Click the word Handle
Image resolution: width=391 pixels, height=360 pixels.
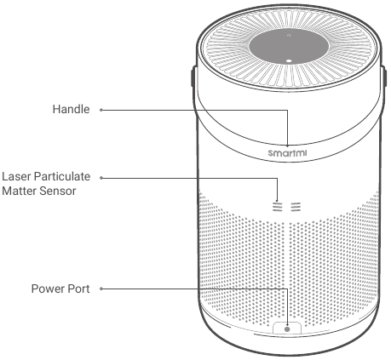(x=71, y=109)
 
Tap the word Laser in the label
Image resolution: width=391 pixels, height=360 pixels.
(x=16, y=176)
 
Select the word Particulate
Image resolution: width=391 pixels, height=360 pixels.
(x=62, y=176)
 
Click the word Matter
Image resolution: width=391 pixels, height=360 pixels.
(x=19, y=191)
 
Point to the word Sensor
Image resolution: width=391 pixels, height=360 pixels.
(x=58, y=191)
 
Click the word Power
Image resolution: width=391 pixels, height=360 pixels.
(x=45, y=289)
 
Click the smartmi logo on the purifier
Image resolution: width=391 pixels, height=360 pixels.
(x=287, y=153)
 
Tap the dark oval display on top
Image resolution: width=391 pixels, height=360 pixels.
(x=289, y=46)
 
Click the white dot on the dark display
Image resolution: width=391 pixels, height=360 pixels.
(x=289, y=60)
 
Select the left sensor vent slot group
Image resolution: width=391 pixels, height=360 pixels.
(x=278, y=207)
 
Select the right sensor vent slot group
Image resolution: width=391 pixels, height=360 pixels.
(x=296, y=207)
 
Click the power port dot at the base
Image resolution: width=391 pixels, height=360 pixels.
(x=287, y=329)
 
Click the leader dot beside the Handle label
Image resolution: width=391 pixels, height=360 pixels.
(x=101, y=110)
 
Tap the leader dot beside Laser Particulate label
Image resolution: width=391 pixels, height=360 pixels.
(x=101, y=178)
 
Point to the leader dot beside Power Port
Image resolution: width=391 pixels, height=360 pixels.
(x=101, y=289)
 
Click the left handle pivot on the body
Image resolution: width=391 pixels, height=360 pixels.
(x=193, y=76)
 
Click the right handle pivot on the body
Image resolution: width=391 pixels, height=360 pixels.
(x=384, y=76)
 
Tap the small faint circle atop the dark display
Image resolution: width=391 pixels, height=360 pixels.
(x=289, y=36)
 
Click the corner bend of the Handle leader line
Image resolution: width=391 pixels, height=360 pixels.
(x=287, y=110)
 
